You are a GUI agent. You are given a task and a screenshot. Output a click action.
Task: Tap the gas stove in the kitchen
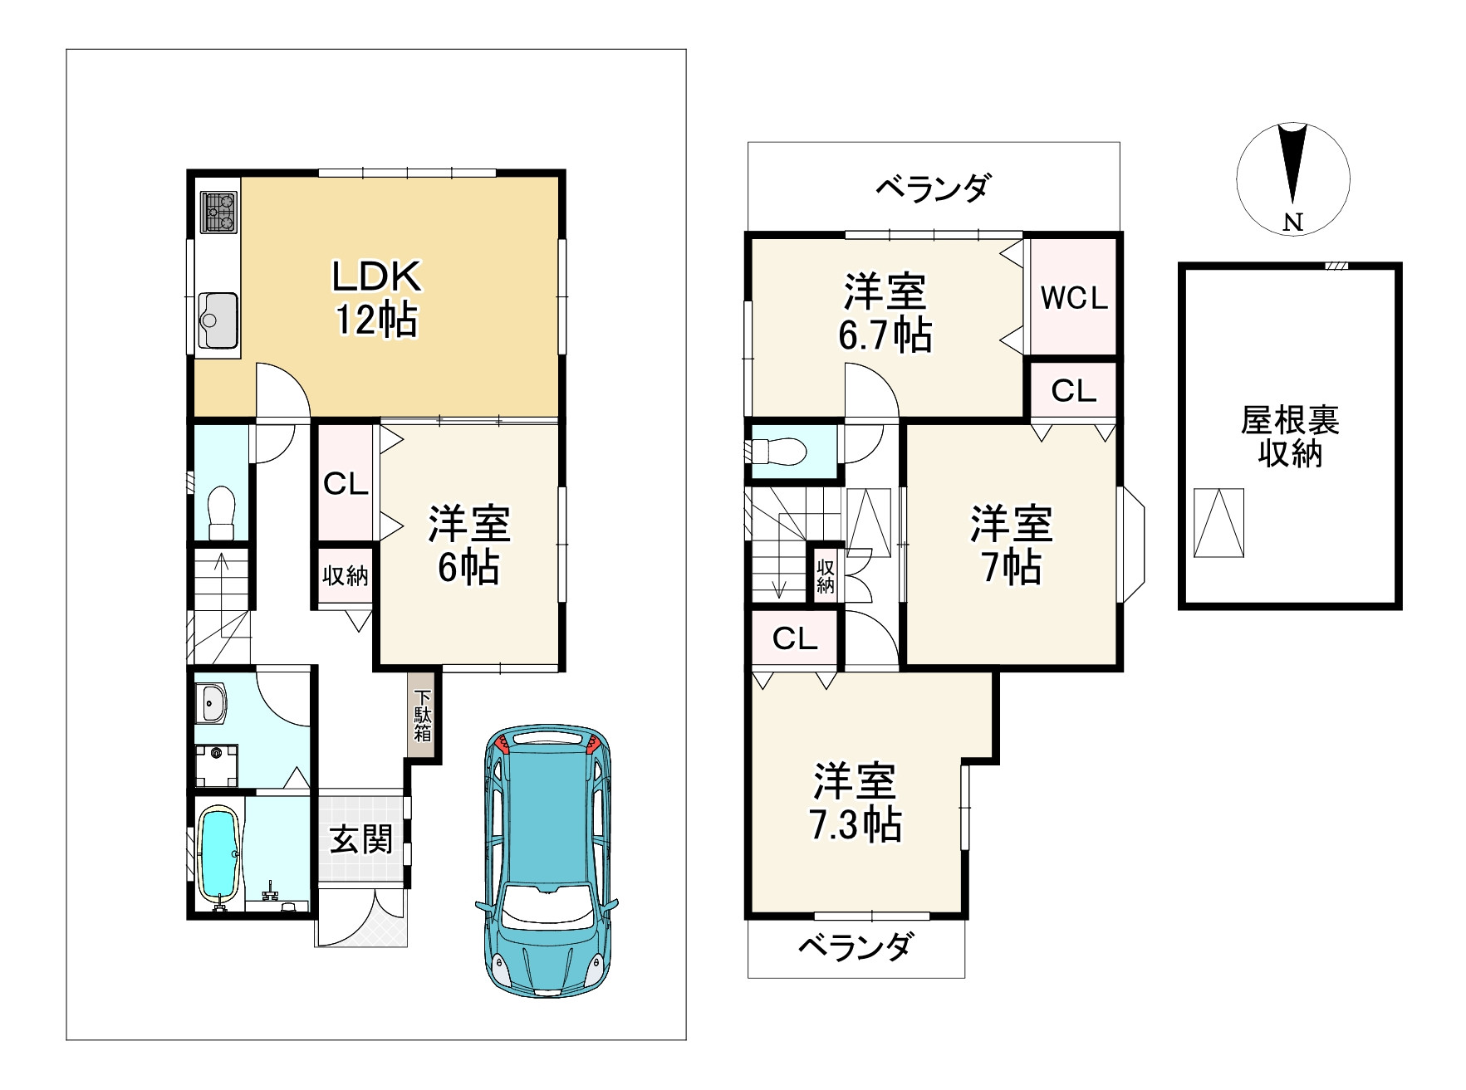[x=218, y=212]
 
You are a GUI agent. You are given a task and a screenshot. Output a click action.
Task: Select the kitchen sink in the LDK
[x=218, y=322]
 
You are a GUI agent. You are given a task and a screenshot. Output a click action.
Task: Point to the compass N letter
[x=1292, y=222]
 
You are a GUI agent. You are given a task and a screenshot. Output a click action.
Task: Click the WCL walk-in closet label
[x=1074, y=298]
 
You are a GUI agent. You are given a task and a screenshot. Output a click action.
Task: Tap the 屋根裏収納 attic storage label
[x=1290, y=437]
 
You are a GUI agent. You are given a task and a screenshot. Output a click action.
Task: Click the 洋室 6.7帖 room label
[x=885, y=313]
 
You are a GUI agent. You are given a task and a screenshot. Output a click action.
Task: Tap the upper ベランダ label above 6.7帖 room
[x=933, y=188]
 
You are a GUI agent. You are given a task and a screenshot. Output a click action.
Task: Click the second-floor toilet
[x=779, y=452]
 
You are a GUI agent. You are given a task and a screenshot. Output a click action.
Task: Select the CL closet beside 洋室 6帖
[x=346, y=483]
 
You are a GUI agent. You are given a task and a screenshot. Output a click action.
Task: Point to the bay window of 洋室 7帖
[x=1131, y=543]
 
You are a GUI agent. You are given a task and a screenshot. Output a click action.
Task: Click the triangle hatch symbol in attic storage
[x=1219, y=523]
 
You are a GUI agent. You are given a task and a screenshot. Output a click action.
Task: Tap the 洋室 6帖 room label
[x=469, y=545]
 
